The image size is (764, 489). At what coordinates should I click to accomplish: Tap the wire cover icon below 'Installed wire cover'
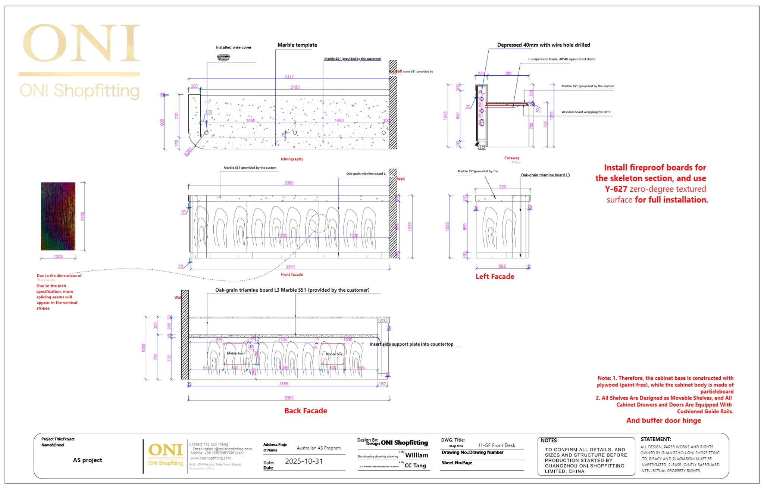coord(223,57)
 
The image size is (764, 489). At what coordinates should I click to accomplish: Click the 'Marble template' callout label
coord(297,45)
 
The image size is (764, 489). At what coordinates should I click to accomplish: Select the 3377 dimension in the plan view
coord(289,77)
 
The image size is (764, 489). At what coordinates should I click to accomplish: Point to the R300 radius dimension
coord(188,152)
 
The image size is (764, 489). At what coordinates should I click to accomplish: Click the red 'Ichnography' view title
coord(292,159)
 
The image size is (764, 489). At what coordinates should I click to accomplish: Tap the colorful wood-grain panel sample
coord(58,216)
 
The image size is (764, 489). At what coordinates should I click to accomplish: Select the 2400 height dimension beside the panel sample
coord(82,216)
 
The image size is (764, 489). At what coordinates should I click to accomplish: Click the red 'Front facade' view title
coord(292,275)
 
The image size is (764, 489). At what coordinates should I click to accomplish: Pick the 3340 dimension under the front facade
coord(290,267)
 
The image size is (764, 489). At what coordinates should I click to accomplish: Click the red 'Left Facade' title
coord(495,277)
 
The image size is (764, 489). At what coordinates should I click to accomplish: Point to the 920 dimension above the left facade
coord(503,187)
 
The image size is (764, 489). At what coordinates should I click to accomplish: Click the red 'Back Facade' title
coord(306,411)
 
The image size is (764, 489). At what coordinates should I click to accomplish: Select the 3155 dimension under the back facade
coord(284,384)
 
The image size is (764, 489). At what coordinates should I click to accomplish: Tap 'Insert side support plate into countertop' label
coord(411,344)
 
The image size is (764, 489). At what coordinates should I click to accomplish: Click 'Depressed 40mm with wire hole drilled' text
coord(544,45)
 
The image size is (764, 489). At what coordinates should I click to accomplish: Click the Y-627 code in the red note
coord(616,189)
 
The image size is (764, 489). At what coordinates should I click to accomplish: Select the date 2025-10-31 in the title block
coord(304,461)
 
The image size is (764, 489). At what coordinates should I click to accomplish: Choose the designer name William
coord(417,455)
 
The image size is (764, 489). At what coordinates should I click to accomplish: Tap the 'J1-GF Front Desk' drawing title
coord(497,445)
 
